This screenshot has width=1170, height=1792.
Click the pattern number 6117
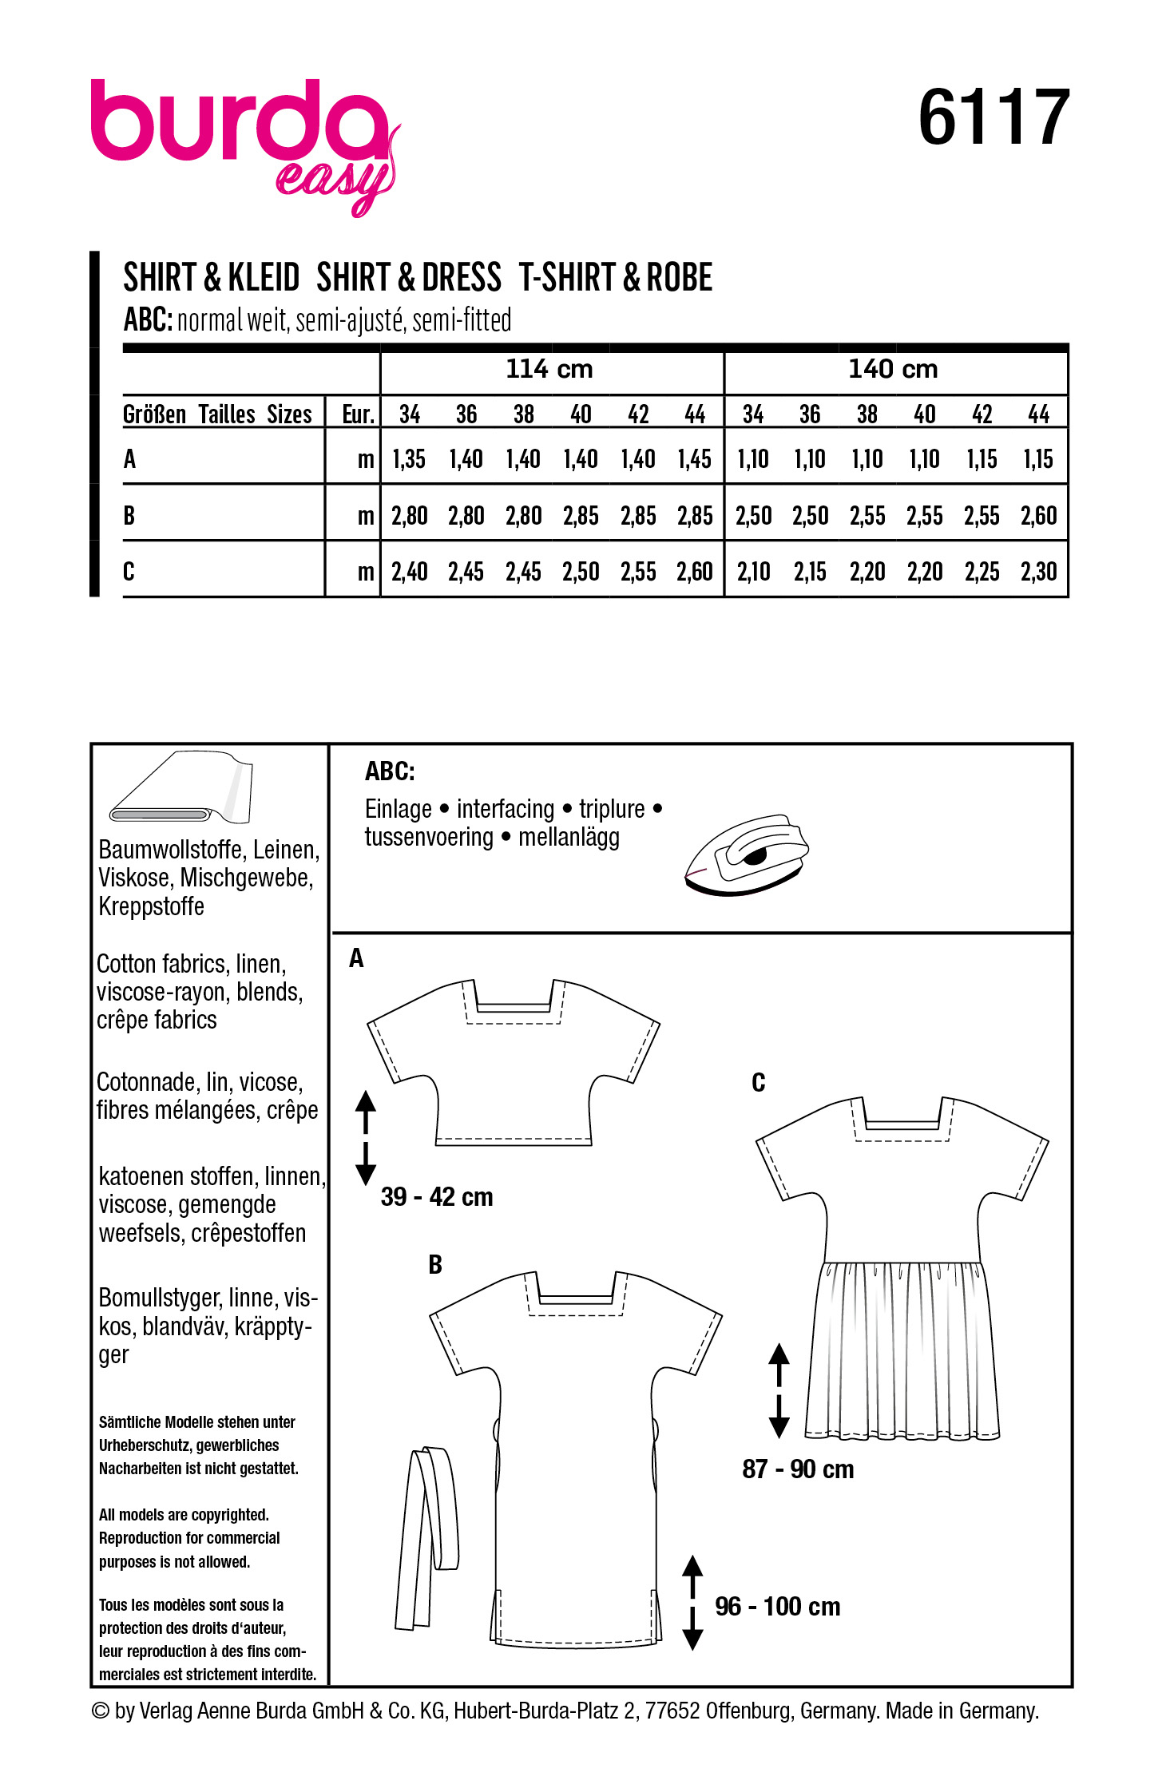click(994, 118)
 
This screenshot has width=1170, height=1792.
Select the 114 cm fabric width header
click(549, 369)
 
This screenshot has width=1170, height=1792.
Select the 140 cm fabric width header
click(893, 369)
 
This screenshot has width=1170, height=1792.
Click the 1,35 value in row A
click(409, 459)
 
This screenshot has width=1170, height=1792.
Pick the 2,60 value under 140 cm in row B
click(1038, 516)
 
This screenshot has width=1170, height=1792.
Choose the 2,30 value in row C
click(1038, 572)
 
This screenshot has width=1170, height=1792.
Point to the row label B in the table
click(129, 516)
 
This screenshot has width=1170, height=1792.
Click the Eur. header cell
click(358, 414)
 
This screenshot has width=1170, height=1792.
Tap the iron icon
click(746, 854)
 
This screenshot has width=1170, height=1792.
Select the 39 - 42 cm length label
click(437, 1196)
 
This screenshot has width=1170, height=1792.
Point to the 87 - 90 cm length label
click(798, 1469)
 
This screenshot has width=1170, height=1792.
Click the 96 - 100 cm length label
click(777, 1606)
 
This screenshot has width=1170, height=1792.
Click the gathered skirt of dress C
click(902, 1350)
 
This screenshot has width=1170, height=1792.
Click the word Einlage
click(398, 809)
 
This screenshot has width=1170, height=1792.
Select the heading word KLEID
click(264, 278)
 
